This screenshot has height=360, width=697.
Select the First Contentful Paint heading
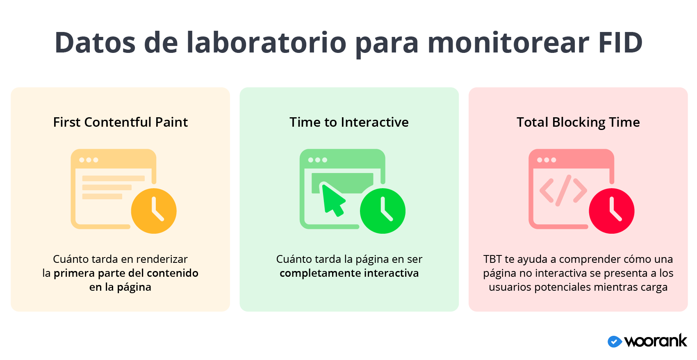pyautogui.click(x=121, y=122)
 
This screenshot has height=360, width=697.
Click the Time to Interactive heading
pyautogui.click(x=349, y=122)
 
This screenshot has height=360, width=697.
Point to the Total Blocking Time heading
pyautogui.click(x=578, y=122)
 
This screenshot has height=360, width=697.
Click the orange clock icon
pyautogui.click(x=154, y=211)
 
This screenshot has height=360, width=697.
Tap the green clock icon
pyautogui.click(x=383, y=211)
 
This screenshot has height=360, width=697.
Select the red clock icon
pyautogui.click(x=612, y=211)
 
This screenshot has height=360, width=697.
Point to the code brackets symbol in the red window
pyautogui.click(x=563, y=190)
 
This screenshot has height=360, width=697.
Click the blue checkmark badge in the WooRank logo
pyautogui.click(x=615, y=342)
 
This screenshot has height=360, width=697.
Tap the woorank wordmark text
pyautogui.click(x=656, y=341)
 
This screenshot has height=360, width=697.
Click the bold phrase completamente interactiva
pyautogui.click(x=349, y=273)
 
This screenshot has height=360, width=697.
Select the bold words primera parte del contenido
pyautogui.click(x=126, y=273)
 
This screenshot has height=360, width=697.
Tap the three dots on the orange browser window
pyautogui.click(x=89, y=160)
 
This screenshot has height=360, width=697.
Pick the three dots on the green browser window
pyautogui.click(x=318, y=160)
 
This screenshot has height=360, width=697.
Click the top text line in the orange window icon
pyautogui.click(x=114, y=178)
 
